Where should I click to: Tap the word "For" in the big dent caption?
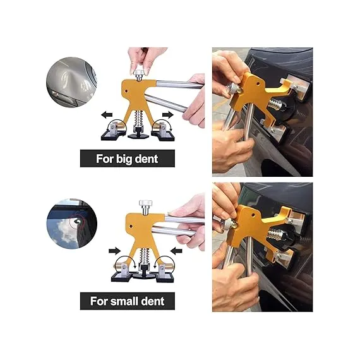point(106,159)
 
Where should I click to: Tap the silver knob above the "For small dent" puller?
point(145,207)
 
